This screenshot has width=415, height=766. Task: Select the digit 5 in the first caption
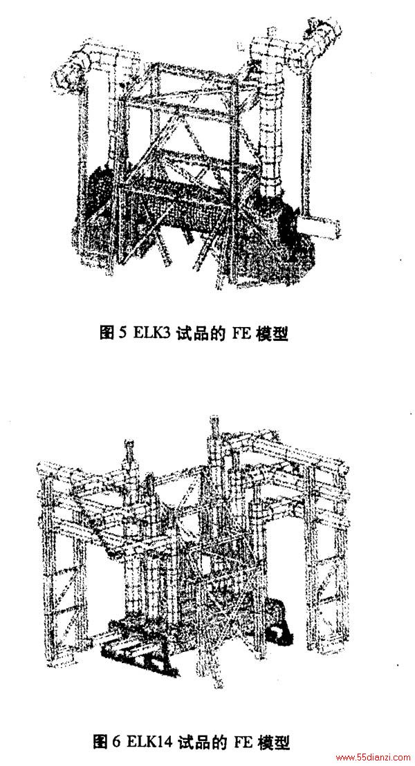(x=122, y=334)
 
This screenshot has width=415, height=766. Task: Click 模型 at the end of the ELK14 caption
(x=273, y=743)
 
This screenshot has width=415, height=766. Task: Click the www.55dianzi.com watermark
(x=374, y=758)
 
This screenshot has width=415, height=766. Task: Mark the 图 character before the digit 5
(x=107, y=334)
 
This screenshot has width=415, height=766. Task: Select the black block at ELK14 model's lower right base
(x=280, y=633)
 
